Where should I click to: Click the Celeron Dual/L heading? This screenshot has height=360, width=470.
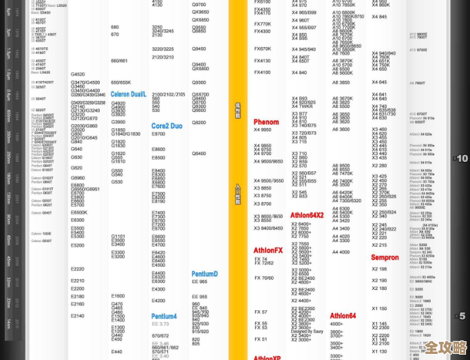pos(128,94)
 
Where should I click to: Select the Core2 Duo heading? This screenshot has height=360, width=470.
pos(167,126)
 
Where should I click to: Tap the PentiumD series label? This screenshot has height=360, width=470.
pos(204,274)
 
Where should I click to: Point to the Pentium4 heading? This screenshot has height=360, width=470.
pos(164,316)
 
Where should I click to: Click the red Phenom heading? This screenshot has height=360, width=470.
pos(266,122)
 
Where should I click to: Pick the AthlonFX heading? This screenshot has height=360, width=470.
pos(268,250)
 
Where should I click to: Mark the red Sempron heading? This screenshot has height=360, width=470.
pos(385,258)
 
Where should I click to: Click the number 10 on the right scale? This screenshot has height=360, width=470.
pos(462,158)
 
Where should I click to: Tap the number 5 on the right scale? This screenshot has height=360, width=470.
pos(462,316)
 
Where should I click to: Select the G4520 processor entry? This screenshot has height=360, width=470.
pos(78,74)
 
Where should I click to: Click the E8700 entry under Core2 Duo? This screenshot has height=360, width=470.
pos(158,134)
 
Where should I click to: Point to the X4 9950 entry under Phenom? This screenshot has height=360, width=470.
pos(262,129)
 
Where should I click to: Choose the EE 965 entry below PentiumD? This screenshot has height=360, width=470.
pos(200,282)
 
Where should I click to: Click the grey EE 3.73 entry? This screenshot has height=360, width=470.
pos(160,324)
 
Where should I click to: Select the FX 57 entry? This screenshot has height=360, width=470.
pos(260,312)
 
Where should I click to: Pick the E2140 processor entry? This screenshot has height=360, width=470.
pos(78,316)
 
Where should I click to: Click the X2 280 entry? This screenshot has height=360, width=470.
pos(380,165)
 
